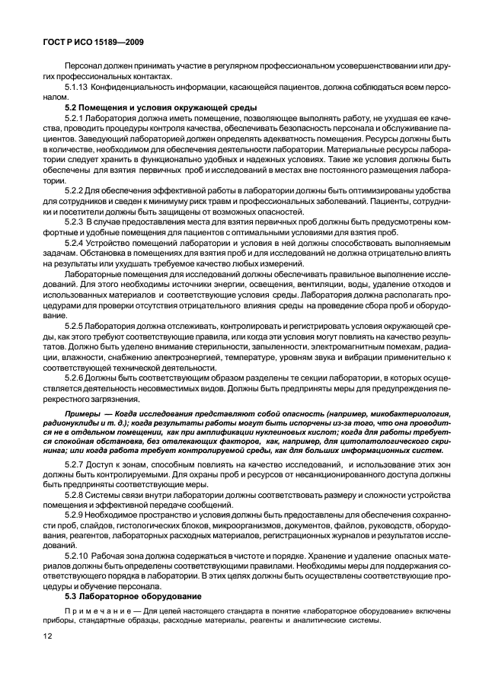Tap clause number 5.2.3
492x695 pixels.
pos(75,221)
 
